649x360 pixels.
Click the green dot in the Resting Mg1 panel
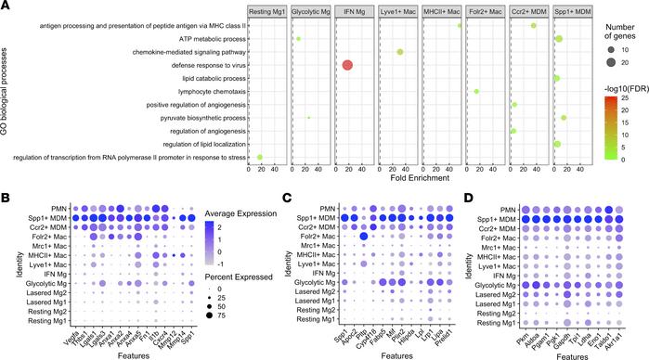(260, 157)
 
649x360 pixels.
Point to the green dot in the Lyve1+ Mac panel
(399, 52)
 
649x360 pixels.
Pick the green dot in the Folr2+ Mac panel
(476, 91)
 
